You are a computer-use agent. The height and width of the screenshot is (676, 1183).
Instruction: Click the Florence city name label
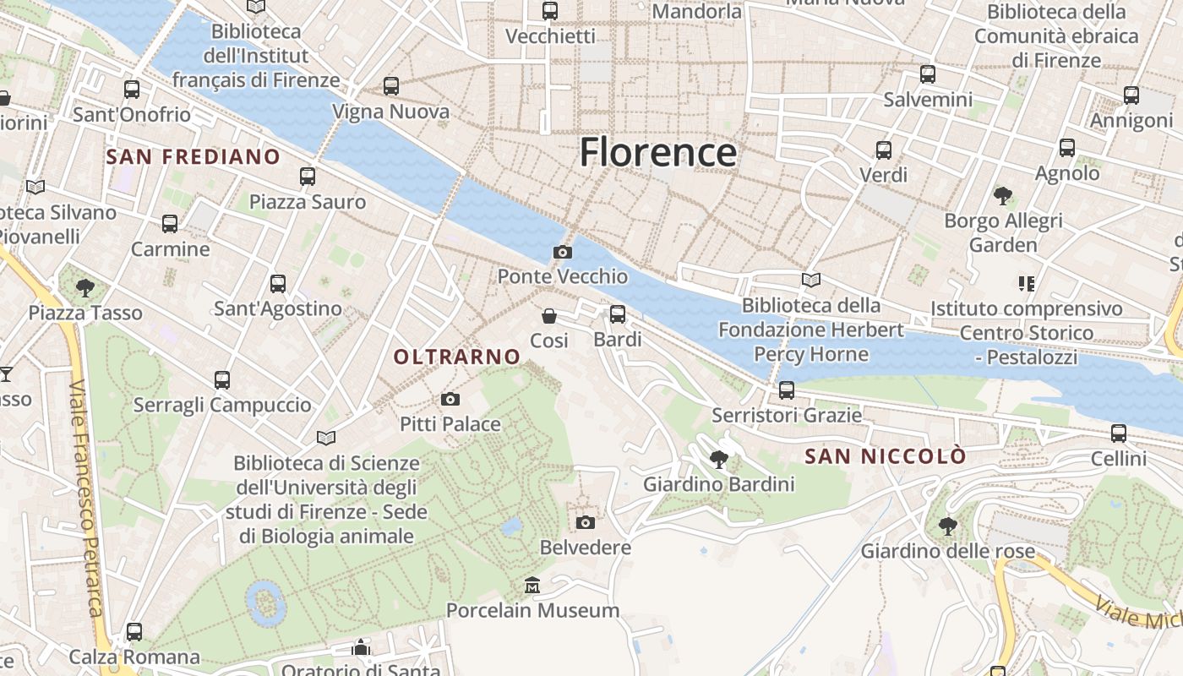(657, 152)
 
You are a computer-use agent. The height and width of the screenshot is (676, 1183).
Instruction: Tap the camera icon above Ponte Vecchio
(562, 252)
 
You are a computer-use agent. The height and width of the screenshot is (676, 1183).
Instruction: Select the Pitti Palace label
(450, 423)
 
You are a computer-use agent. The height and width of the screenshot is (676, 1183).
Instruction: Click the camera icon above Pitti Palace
(450, 399)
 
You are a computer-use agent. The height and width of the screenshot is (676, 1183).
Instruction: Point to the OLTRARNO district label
(457, 357)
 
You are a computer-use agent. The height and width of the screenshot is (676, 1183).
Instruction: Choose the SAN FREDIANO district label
(193, 156)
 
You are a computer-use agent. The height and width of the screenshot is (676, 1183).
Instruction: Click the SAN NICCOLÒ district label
(885, 456)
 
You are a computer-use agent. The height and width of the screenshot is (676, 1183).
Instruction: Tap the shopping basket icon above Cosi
(549, 316)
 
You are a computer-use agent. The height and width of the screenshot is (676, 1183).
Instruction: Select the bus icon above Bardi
(618, 314)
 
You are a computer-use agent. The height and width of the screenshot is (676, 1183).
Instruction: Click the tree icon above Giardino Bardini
(719, 460)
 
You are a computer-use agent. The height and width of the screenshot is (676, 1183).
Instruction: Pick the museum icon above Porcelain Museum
(532, 585)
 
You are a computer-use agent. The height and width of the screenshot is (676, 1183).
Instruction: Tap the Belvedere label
(586, 547)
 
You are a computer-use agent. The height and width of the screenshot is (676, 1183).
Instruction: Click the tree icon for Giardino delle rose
(948, 526)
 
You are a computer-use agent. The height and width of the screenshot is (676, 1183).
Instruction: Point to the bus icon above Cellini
(1119, 433)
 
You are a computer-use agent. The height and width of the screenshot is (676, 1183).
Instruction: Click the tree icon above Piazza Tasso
(85, 288)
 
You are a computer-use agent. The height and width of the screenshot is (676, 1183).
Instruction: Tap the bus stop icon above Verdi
(884, 150)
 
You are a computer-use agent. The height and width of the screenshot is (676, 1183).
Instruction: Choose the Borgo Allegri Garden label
(1003, 232)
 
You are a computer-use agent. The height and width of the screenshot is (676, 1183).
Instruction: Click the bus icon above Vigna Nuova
(390, 85)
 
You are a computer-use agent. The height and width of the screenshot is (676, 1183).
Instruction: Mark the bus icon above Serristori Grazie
(787, 390)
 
